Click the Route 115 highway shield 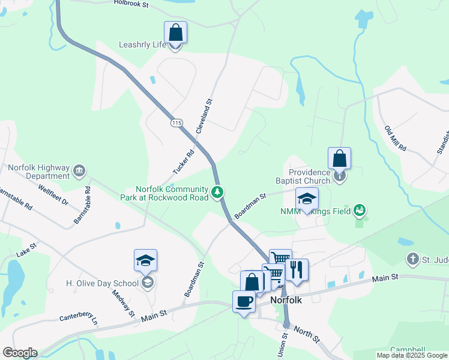tap(176, 123)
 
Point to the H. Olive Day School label tap(103, 283)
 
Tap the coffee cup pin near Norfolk tap(244, 302)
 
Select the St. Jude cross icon tap(412, 259)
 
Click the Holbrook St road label tap(139, 3)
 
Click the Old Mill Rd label tap(396, 139)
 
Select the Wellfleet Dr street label tap(54, 195)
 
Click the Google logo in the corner tap(20, 353)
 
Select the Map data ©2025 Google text tap(412, 355)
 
